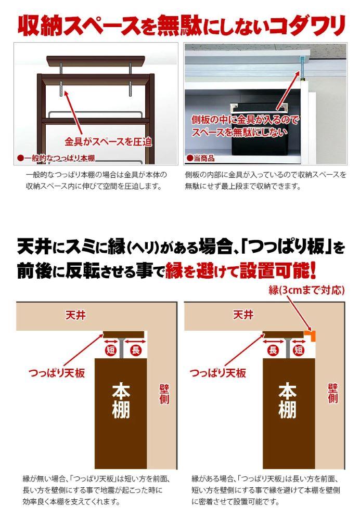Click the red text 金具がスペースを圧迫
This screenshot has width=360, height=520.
tap(108, 141)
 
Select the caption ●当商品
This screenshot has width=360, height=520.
tap(200, 158)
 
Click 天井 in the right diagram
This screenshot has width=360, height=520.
tap(243, 315)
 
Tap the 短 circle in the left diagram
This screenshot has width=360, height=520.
tap(111, 350)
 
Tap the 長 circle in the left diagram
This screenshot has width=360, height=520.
tap(135, 350)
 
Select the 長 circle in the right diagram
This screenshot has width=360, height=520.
tap(273, 350)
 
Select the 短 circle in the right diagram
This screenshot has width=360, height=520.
tap(299, 350)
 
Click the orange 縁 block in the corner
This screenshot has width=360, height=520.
tap(311, 336)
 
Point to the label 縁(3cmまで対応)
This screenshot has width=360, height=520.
tap(306, 290)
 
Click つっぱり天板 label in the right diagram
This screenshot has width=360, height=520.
tap(217, 373)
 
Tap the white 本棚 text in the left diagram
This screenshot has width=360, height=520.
tap(121, 401)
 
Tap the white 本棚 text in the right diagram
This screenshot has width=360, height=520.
tap(287, 401)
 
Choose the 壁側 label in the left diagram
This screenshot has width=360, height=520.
tap(164, 394)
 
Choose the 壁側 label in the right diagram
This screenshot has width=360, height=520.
tap(332, 394)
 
